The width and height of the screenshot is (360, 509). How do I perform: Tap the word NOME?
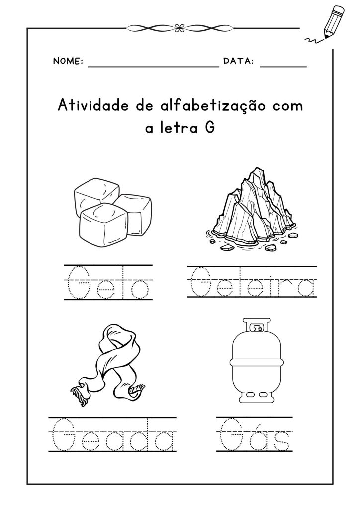tap(68, 61)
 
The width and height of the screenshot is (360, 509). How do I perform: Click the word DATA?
tap(239, 61)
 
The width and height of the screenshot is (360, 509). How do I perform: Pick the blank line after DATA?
tap(283, 67)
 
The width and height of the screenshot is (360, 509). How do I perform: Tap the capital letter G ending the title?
tap(210, 128)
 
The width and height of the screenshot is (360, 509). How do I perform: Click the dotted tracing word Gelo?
tap(108, 283)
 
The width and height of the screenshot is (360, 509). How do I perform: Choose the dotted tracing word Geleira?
tap(252, 282)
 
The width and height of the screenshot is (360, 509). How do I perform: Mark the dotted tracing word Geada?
tap(113, 434)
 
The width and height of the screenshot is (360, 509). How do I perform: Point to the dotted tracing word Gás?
tap(255, 434)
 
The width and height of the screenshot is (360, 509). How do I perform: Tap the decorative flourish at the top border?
tap(180, 28)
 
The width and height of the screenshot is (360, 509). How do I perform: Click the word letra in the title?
tap(179, 128)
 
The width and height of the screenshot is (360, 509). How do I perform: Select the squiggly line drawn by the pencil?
tap(314, 40)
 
